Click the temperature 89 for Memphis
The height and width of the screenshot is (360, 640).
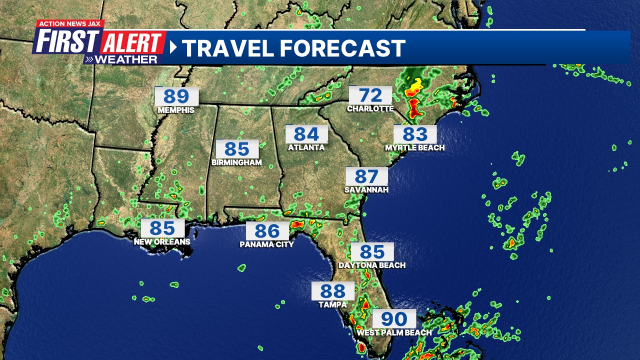[176, 96]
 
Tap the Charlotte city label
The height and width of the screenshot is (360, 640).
[370, 108]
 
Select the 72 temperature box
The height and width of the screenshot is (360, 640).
[370, 95]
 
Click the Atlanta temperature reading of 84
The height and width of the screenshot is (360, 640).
[306, 134]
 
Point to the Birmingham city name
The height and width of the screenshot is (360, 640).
[237, 162]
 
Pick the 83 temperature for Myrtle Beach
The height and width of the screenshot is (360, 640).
[415, 134]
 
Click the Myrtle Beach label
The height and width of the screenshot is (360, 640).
[415, 148]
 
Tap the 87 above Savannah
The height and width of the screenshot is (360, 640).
[366, 176]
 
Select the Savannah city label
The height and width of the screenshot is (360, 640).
[366, 190]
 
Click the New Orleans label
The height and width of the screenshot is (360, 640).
[162, 242]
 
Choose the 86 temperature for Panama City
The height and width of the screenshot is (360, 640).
[267, 231]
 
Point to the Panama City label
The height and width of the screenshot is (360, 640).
[267, 244]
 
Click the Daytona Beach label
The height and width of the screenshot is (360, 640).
[372, 265]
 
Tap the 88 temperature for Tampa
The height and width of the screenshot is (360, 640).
[332, 291]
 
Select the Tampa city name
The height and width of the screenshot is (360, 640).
[332, 304]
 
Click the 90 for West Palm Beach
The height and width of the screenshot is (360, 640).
[394, 318]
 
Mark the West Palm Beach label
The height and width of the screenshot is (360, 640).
[394, 332]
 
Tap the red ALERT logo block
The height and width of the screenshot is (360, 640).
[133, 42]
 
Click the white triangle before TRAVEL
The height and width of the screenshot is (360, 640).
[173, 47]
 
